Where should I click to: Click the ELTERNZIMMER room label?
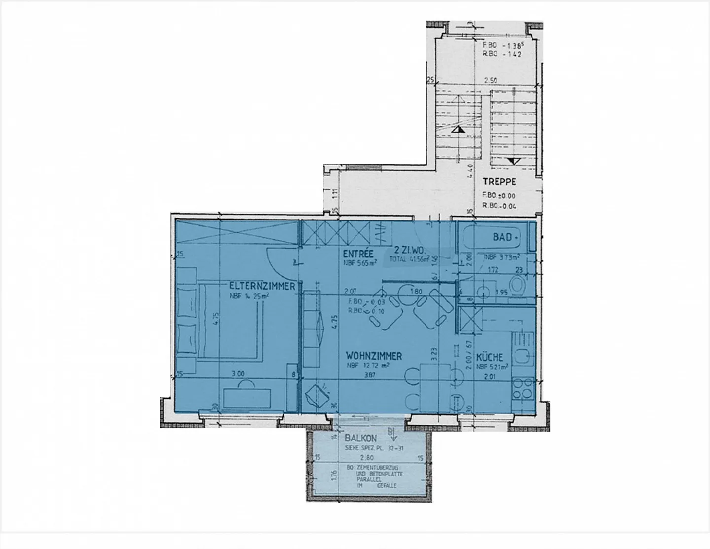tap(262, 286)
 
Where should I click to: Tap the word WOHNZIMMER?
tap(374, 356)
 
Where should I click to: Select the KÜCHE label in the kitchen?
tap(490, 357)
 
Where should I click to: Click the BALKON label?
tap(361, 438)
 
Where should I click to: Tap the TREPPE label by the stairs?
tap(499, 181)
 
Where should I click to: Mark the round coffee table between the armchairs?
tap(408, 293)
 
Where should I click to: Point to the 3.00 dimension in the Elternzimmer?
tap(238, 374)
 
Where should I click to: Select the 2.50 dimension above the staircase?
tap(490, 80)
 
